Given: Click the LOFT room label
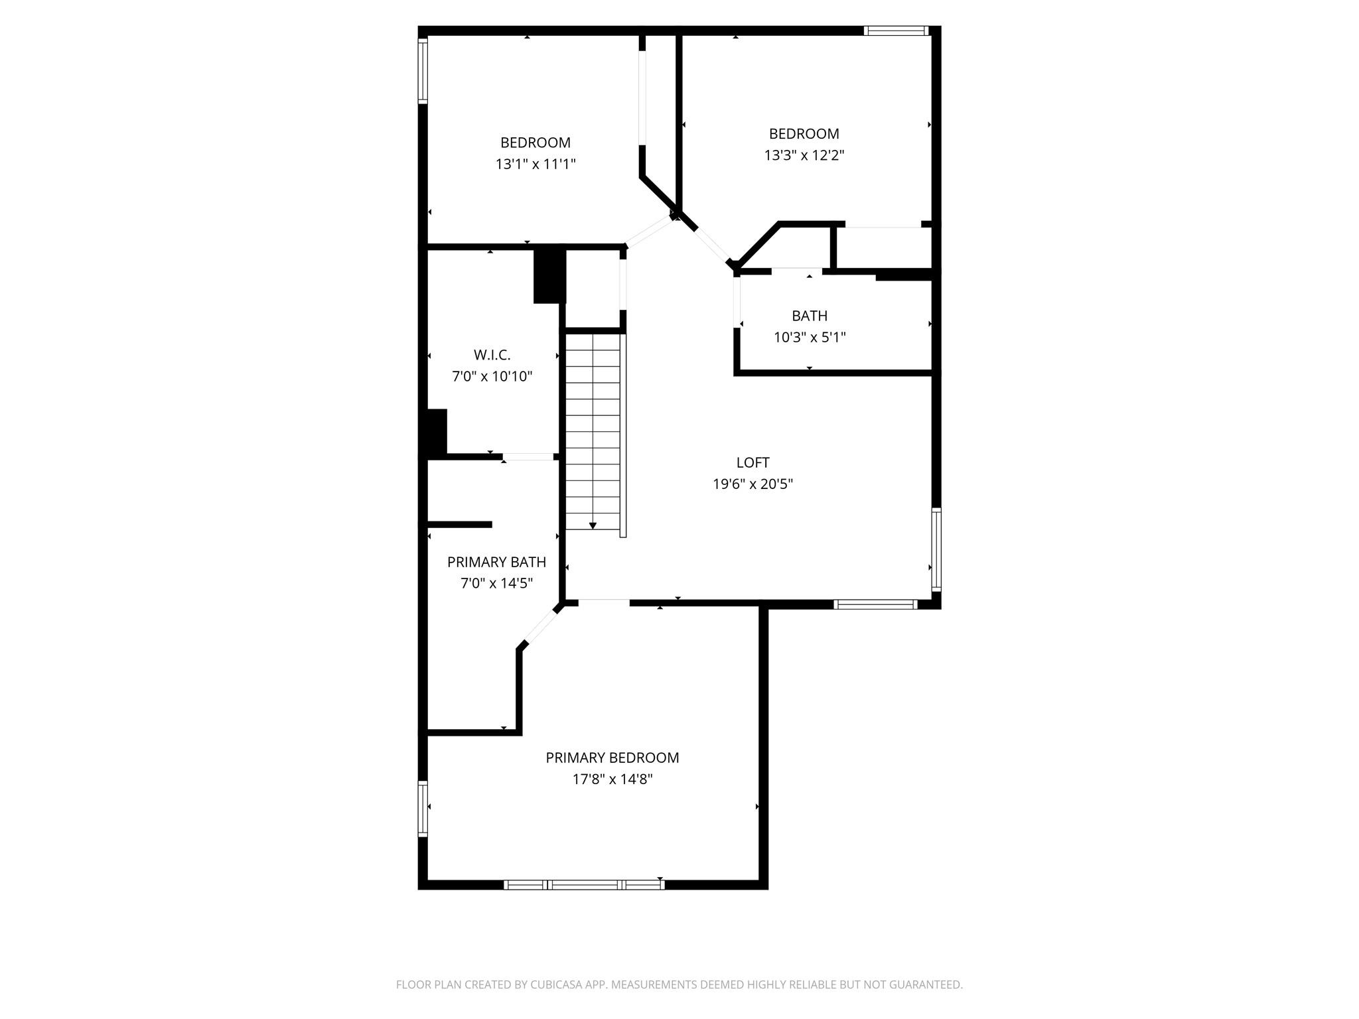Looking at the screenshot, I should (752, 462).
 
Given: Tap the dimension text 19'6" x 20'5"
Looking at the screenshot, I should (752, 484).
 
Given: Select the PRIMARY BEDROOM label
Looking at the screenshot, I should (612, 758).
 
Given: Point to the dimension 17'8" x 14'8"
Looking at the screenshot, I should (612, 780).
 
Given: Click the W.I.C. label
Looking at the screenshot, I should (492, 355).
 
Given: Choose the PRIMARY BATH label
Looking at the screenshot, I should (496, 562).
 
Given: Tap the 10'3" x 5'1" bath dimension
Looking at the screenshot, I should (809, 337).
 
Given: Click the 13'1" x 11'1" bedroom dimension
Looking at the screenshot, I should (535, 164).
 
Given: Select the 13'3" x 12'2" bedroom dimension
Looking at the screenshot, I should (804, 155).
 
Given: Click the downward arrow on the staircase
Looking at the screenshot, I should (593, 525).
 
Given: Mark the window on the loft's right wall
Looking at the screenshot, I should (936, 549).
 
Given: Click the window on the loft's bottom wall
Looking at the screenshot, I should (875, 604).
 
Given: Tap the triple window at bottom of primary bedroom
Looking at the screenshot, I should (584, 884).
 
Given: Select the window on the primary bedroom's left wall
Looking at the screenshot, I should (422, 808).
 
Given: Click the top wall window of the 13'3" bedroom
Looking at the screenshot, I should (895, 31).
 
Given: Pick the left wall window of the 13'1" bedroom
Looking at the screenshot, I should (422, 71).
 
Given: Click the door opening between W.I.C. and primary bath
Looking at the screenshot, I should (528, 456).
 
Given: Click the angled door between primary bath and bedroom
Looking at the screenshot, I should (540, 626).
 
